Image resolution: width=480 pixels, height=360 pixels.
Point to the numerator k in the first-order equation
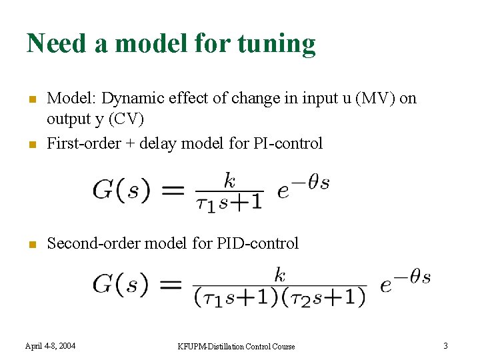[x=229, y=180]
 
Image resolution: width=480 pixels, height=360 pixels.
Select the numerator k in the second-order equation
[x=280, y=275]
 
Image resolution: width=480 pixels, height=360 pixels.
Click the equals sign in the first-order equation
[x=172, y=191]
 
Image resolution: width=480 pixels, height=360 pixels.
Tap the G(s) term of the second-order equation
[x=120, y=285]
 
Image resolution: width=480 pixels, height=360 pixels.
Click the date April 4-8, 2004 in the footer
[x=50, y=345]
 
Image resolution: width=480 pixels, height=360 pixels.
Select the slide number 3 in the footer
[x=446, y=345]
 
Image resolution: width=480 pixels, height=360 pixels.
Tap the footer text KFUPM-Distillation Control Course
[x=236, y=346]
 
